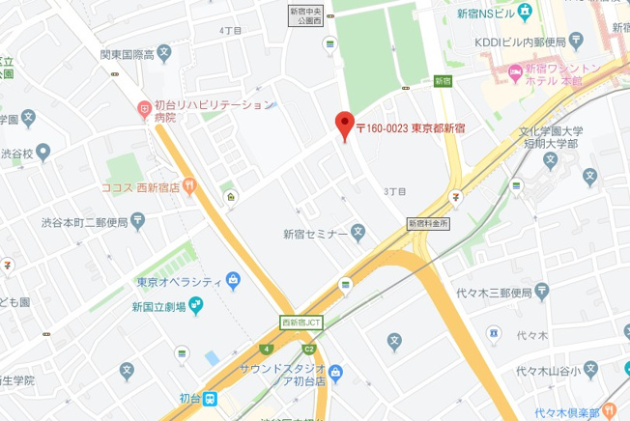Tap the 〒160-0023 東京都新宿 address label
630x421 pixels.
coord(411,127)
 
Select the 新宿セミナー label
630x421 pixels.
coord(315,233)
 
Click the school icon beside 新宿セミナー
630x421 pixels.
coord(358,232)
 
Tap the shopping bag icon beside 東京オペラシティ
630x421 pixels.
coord(232,281)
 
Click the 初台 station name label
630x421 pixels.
coord(191,398)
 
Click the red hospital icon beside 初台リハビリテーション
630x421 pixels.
coord(142,106)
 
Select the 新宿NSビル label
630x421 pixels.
coord(480,14)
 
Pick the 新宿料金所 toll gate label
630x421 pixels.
coord(430,222)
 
